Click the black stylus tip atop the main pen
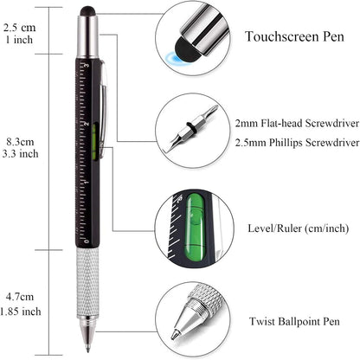coord(88,12)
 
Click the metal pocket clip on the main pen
coord(102,104)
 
